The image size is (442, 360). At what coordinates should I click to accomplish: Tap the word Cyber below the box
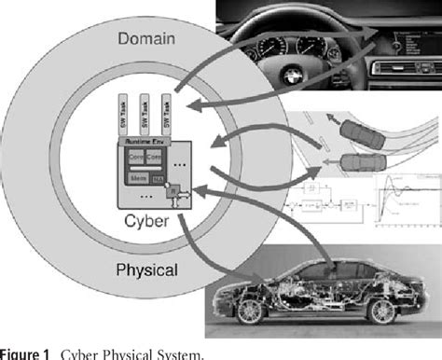tap(148, 221)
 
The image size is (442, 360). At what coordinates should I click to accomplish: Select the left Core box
tap(135, 156)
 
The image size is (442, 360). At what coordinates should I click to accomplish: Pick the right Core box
tap(154, 156)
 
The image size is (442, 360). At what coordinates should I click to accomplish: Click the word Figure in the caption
tap(20, 353)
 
